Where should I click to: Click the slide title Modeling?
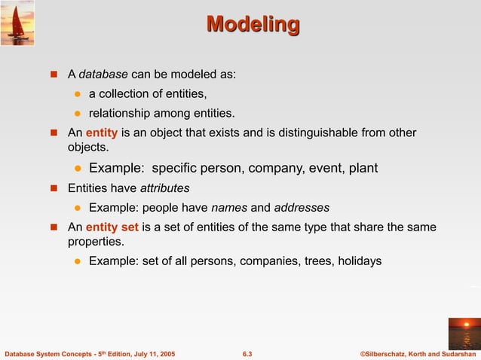click(x=253, y=25)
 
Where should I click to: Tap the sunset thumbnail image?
click(x=464, y=333)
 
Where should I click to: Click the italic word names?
click(x=228, y=207)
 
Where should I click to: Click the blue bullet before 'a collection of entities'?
click(x=77, y=94)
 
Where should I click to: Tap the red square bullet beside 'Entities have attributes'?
click(x=54, y=188)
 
